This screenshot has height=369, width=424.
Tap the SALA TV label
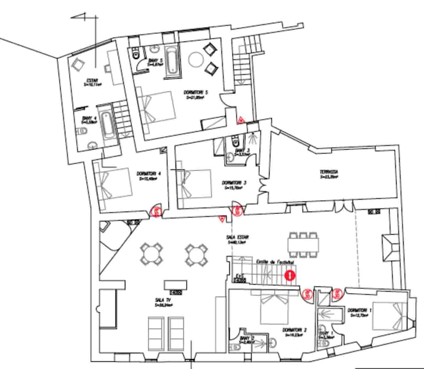[163, 300]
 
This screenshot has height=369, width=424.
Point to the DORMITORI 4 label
[148, 173]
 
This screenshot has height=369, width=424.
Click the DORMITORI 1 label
[359, 311]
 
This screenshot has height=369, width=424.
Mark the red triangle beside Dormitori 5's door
[241, 120]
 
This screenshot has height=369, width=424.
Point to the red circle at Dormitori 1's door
[337, 294]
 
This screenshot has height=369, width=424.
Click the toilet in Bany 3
[235, 142]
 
